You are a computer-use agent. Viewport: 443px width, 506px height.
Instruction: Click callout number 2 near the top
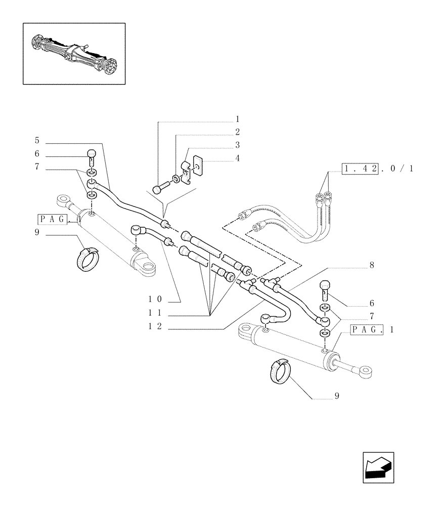pyautogui.click(x=237, y=132)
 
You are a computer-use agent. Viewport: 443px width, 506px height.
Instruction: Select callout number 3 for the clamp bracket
pyautogui.click(x=237, y=145)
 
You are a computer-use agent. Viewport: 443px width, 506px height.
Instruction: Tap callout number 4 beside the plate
pyautogui.click(x=237, y=158)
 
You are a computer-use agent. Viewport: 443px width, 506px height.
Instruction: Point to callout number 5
pyautogui.click(x=37, y=139)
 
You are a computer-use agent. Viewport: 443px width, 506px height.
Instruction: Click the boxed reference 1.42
pyautogui.click(x=360, y=168)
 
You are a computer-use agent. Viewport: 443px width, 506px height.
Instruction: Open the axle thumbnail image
pyautogui.click(x=74, y=53)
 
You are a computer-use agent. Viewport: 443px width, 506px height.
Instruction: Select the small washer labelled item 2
pyautogui.click(x=174, y=179)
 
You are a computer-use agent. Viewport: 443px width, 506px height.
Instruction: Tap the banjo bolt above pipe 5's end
pyautogui.click(x=92, y=156)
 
